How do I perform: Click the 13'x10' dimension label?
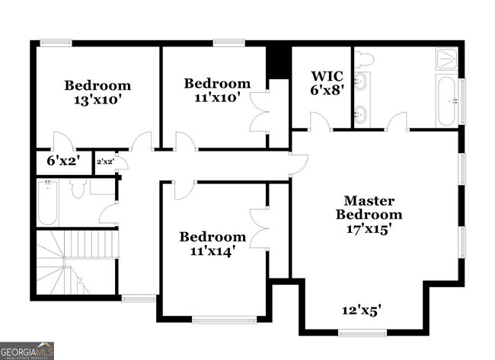97,100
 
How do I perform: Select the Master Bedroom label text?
369,208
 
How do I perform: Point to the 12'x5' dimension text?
360,310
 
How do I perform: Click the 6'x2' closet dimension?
62,161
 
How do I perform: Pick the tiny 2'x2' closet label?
105,161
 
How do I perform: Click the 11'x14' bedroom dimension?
212,250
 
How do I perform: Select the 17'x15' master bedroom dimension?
369,228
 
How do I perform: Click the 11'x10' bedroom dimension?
216,97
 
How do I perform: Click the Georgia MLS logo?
27,351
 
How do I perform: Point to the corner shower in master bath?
448,58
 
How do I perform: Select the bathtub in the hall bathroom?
47,203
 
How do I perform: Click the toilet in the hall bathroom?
77,189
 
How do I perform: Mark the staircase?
76,259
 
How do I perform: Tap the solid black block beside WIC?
279,63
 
